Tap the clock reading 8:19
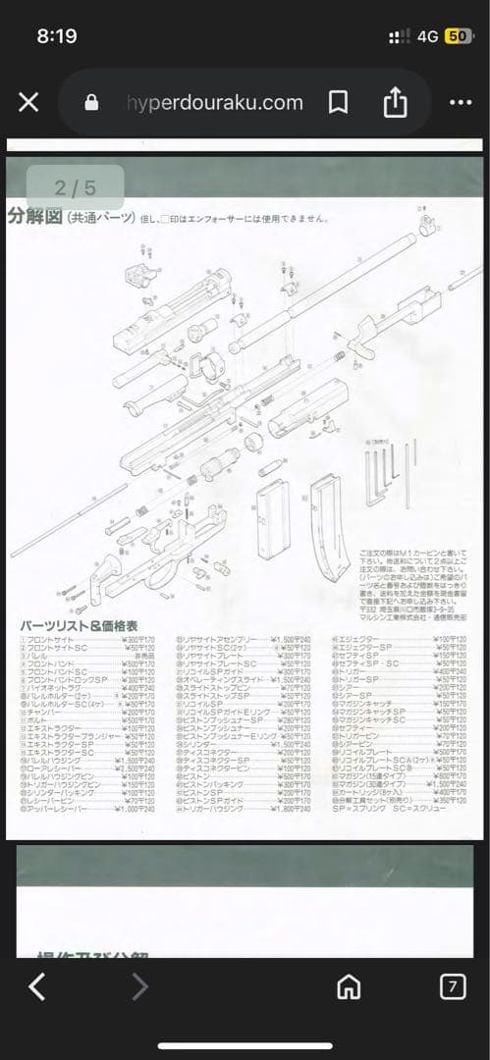[56, 36]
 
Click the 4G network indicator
[427, 36]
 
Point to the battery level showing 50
[458, 36]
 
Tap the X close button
[28, 102]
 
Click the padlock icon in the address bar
[92, 102]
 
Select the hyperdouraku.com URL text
[214, 102]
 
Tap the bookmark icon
[338, 102]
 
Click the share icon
[395, 102]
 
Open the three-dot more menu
[460, 102]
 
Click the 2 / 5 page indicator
[76, 186]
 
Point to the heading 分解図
[34, 216]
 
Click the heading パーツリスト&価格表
[79, 624]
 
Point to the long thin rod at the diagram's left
[69, 519]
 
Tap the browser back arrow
[36, 986]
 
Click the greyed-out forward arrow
[140, 986]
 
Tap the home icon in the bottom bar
[349, 986]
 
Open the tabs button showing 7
[452, 986]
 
